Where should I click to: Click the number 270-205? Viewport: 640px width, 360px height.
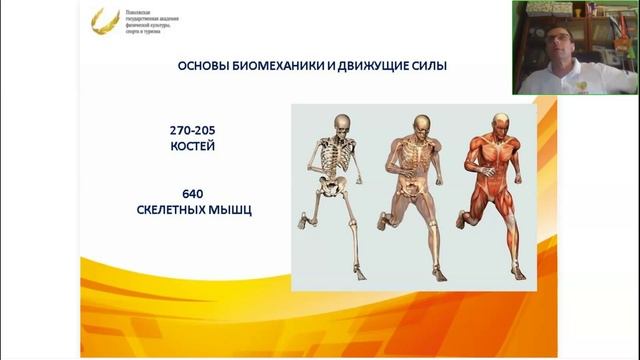click(200, 131)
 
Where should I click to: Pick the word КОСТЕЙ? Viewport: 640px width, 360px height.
click(200, 147)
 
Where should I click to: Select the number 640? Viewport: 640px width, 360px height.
click(200, 193)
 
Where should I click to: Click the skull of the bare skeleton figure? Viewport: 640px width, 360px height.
click(342, 124)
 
